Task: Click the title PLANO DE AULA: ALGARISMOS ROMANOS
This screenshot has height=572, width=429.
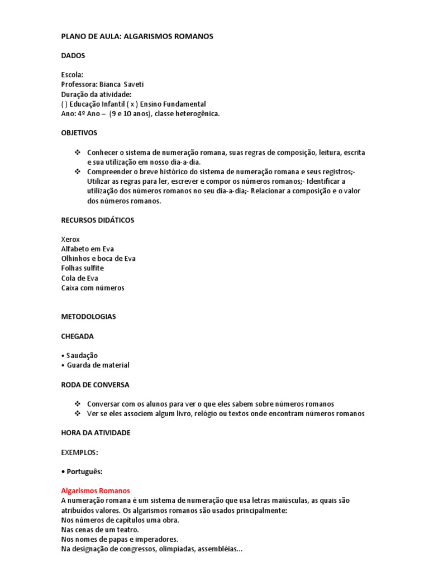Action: [137, 36]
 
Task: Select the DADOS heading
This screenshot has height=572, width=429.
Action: [73, 56]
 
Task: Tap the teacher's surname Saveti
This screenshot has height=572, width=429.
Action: [133, 84]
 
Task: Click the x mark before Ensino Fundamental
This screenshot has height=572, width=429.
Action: [133, 104]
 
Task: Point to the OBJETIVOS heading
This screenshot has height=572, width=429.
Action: [79, 133]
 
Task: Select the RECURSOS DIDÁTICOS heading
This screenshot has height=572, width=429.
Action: [97, 220]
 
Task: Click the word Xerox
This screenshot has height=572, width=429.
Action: [70, 239]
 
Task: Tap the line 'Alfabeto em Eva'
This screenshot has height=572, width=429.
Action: [87, 249]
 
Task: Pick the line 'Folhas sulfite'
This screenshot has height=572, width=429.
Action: [82, 268]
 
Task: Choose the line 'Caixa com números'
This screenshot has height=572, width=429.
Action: [93, 288]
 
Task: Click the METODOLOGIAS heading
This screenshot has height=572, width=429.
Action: [88, 317]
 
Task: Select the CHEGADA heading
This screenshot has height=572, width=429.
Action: [77, 336]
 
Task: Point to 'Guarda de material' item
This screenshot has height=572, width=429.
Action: [98, 365]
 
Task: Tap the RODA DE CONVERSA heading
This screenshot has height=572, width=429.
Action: [95, 385]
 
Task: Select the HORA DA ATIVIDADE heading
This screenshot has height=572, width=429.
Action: [96, 433]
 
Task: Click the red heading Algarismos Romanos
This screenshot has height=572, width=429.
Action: [95, 491]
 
